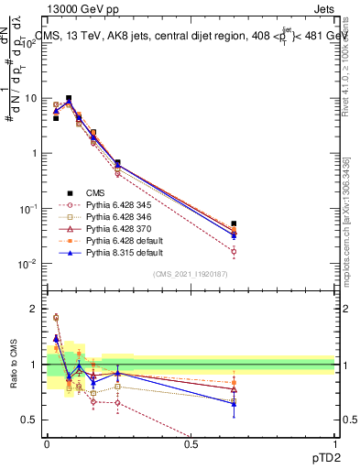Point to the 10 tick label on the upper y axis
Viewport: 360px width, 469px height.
pos(31,98)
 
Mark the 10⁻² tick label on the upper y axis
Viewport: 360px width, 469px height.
pos(29,264)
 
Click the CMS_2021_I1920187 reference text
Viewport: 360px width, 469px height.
pos(191,274)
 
